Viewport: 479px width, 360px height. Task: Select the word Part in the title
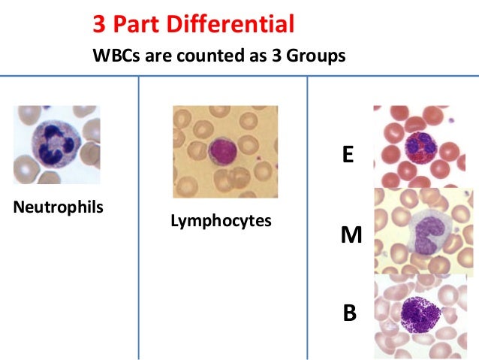[134, 24]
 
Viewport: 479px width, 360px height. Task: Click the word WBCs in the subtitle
[112, 56]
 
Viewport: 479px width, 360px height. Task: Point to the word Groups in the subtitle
[317, 56]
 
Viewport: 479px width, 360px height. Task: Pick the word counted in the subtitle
[196, 56]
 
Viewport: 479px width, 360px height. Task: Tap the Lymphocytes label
[221, 222]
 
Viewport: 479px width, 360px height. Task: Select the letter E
[348, 156]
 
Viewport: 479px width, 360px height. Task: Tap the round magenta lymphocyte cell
[224, 148]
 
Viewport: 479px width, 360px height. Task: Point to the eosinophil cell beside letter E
[418, 144]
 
